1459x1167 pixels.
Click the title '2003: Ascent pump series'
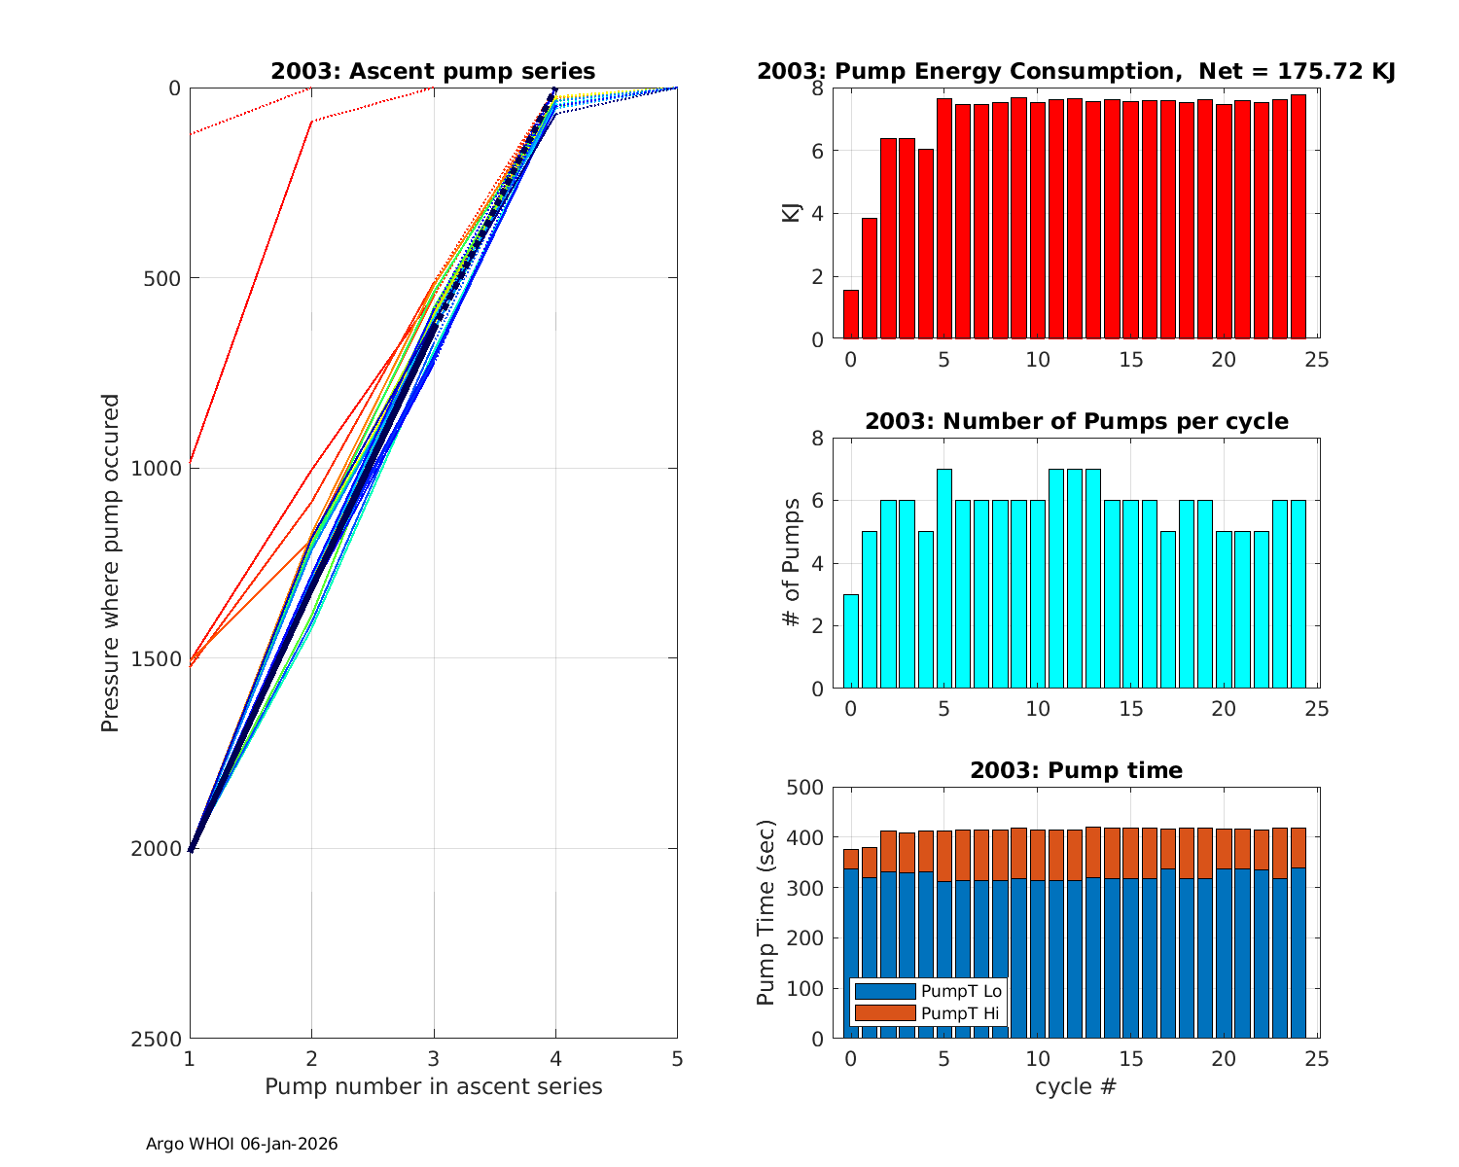pyautogui.click(x=433, y=71)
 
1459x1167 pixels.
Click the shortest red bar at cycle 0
pyautogui.click(x=851, y=315)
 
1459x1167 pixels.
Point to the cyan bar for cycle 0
pyautogui.click(x=851, y=642)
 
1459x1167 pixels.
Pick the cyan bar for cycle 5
pyautogui.click(x=943, y=579)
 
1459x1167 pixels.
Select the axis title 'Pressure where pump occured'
pyautogui.click(x=111, y=562)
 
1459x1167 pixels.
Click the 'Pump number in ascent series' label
pyautogui.click(x=433, y=1086)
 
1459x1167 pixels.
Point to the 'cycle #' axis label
pyautogui.click(x=1075, y=1086)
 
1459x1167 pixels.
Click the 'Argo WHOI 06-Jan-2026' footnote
pyautogui.click(x=242, y=1145)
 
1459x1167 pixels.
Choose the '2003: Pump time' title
pyautogui.click(x=1076, y=770)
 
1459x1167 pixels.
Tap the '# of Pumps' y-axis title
pyautogui.click(x=792, y=562)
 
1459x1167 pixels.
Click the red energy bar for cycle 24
pyautogui.click(x=1298, y=217)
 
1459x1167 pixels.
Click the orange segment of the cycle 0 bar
pyautogui.click(x=851, y=859)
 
